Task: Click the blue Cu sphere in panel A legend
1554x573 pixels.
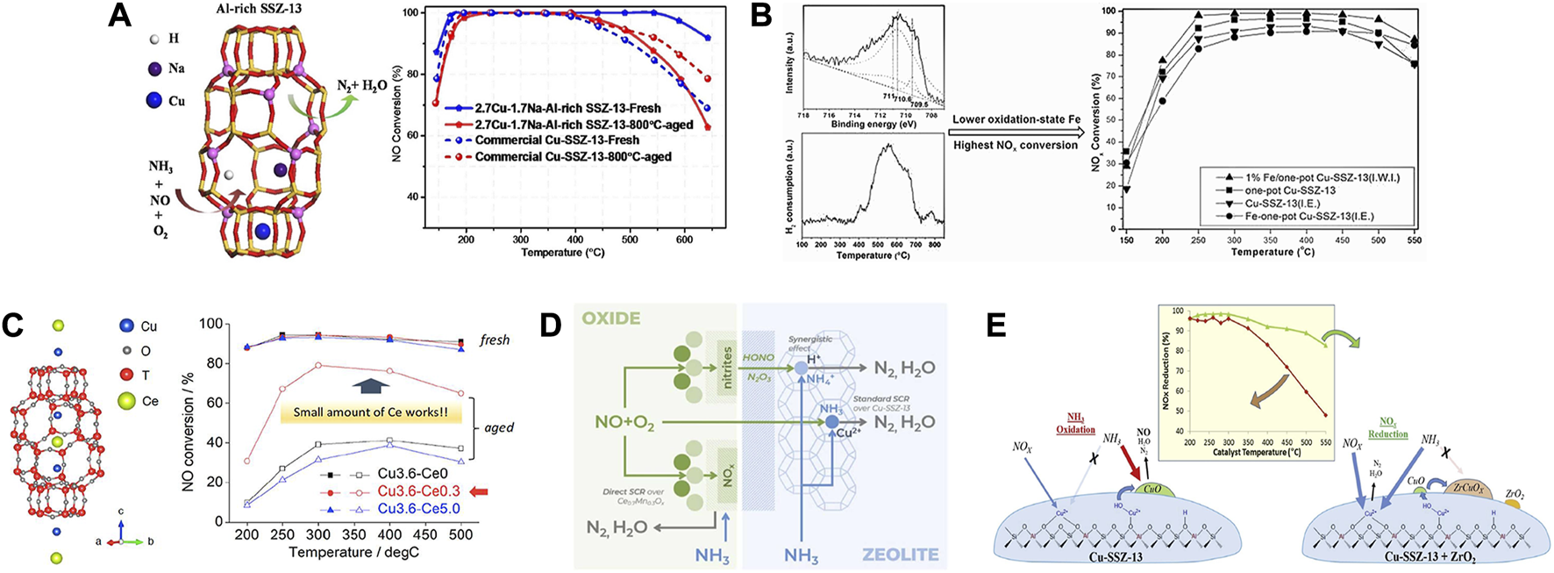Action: (154, 100)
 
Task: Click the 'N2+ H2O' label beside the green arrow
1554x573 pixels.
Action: (361, 86)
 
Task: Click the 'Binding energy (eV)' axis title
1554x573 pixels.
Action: (873, 125)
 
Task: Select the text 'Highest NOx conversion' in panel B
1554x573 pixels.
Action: (1015, 145)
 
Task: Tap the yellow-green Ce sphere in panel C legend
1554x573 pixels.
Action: (126, 401)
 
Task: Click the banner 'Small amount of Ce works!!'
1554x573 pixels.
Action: (370, 412)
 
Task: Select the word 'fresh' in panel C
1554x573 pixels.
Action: (495, 340)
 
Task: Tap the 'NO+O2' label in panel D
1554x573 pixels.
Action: (624, 424)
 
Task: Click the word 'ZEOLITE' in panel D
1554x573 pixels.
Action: (900, 555)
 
